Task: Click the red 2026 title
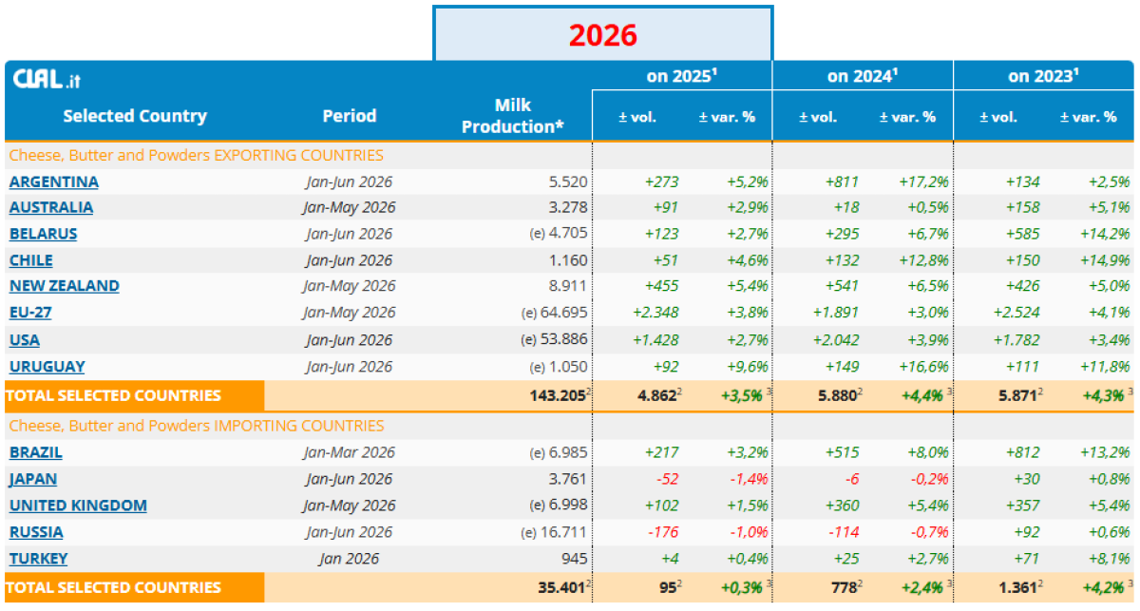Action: [x=603, y=35]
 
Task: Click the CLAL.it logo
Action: [x=47, y=79]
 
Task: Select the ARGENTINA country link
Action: [x=54, y=181]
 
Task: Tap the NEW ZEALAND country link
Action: [x=65, y=286]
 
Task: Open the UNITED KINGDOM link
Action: [x=78, y=506]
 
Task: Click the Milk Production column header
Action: [x=512, y=116]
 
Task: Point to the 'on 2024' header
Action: [x=863, y=76]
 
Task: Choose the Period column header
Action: [x=350, y=116]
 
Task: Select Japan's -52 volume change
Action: [x=667, y=479]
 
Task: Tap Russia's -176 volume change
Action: [x=663, y=531]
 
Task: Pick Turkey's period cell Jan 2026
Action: [x=350, y=559]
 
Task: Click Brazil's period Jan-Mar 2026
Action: [x=350, y=452]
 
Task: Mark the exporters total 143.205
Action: [x=558, y=395]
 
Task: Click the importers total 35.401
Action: [x=561, y=587]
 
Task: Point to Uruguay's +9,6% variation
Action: [x=747, y=366]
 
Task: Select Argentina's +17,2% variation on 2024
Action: [x=923, y=181]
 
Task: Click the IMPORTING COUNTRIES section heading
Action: [x=197, y=425]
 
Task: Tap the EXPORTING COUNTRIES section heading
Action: [x=197, y=155]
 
